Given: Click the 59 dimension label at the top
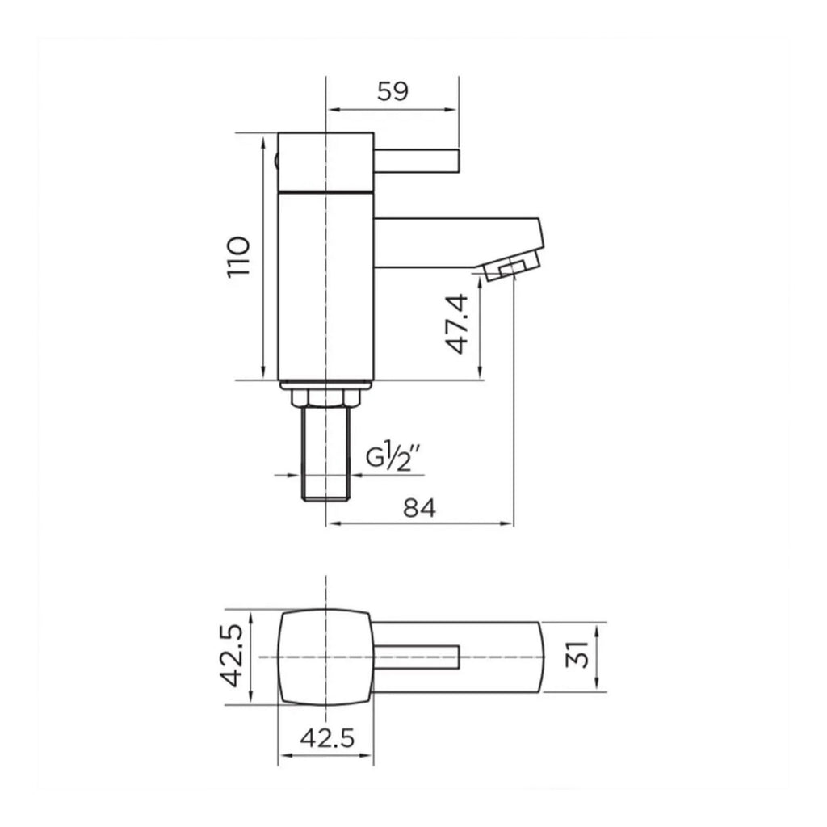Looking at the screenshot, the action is (x=393, y=91).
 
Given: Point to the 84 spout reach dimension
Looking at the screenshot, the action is (x=420, y=509).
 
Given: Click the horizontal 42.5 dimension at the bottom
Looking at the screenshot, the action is (x=328, y=738).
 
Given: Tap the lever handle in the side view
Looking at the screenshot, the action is (x=418, y=161).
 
